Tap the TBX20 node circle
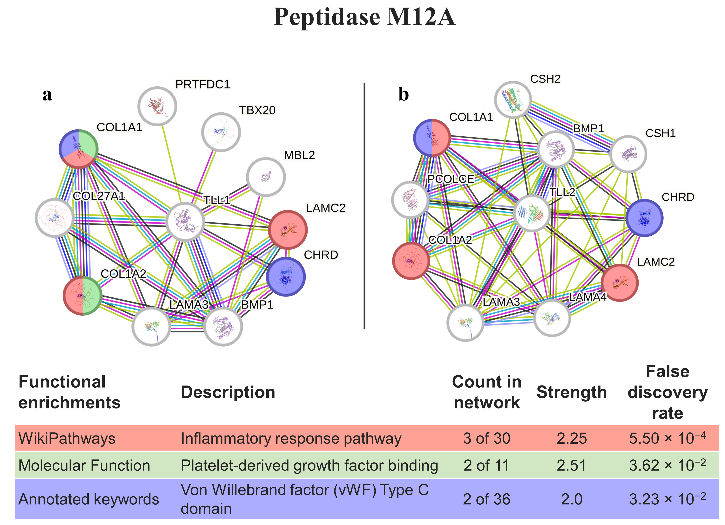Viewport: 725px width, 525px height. click(x=221, y=132)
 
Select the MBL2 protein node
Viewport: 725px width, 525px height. click(x=266, y=177)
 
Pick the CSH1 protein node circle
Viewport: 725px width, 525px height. click(x=628, y=154)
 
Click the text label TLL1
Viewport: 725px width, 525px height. click(x=217, y=200)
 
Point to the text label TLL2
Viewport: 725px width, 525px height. click(x=562, y=192)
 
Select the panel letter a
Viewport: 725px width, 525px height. click(x=47, y=95)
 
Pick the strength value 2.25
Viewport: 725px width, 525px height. click(x=572, y=438)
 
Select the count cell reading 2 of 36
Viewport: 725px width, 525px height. click(x=487, y=499)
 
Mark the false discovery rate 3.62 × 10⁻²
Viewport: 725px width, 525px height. click(x=667, y=465)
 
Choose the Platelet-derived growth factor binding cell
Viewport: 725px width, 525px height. click(x=309, y=465)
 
